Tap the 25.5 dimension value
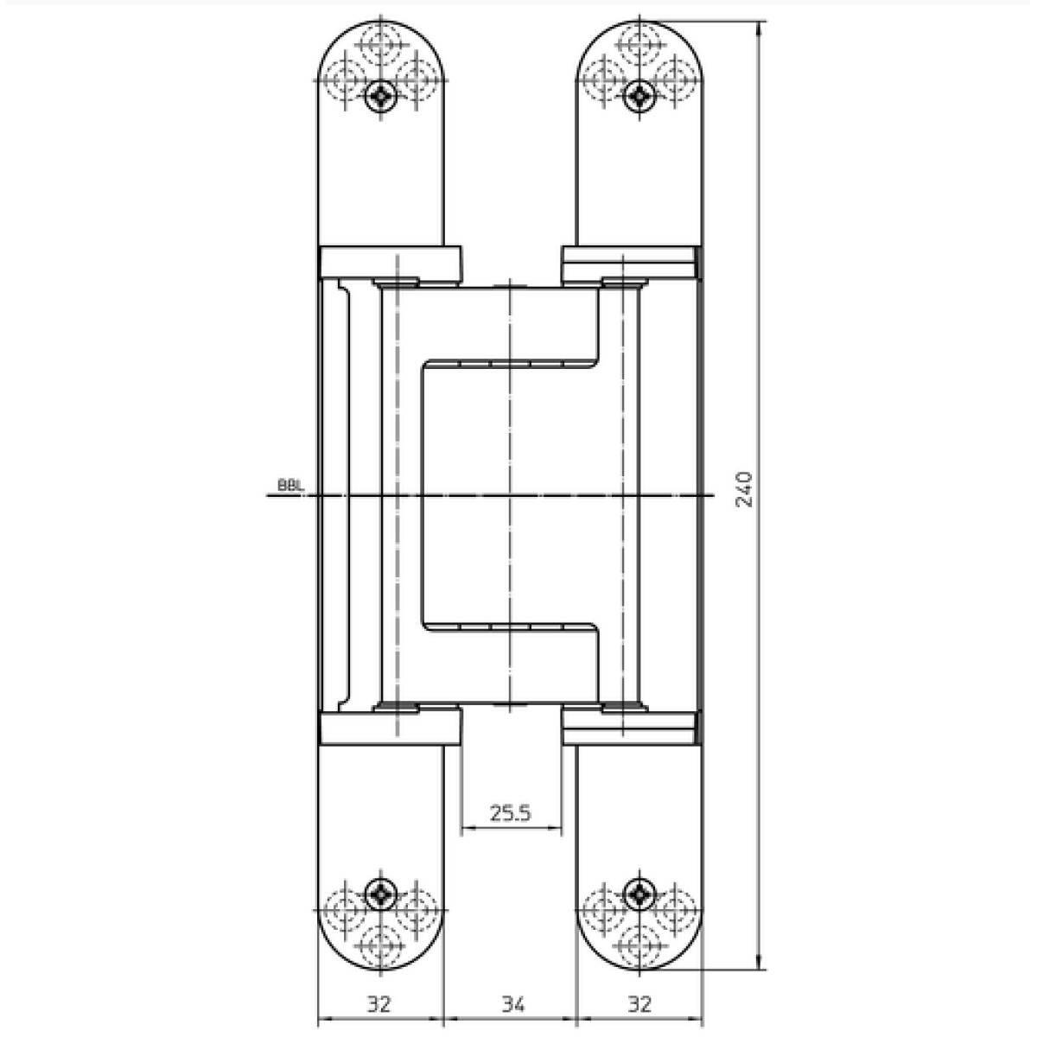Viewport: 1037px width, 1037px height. (510, 813)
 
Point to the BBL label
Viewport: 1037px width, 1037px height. (290, 485)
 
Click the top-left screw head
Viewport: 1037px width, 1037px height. (380, 97)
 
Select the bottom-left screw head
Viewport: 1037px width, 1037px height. (380, 895)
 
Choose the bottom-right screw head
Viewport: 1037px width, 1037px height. (639, 895)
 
